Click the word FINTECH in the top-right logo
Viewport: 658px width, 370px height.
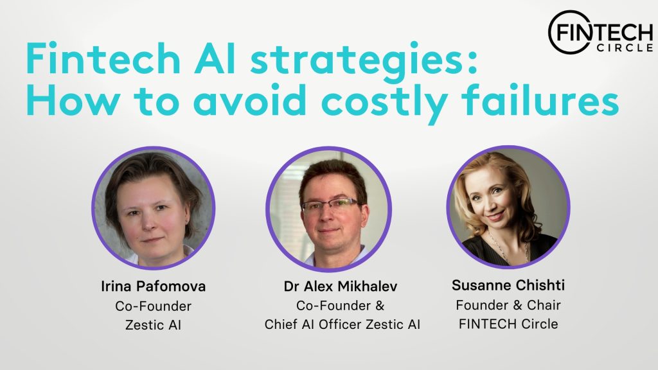[599, 33]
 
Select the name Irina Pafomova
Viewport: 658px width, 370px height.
[153, 286]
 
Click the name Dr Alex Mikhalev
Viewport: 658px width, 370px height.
[341, 286]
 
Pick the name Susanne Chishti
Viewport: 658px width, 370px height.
[508, 286]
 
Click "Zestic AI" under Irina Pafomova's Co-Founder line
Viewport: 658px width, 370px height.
[153, 325]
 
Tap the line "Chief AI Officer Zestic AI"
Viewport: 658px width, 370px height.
[342, 324]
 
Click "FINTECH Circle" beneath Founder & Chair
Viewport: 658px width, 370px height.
[508, 324]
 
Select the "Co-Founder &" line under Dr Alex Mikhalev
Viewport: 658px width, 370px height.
[341, 306]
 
